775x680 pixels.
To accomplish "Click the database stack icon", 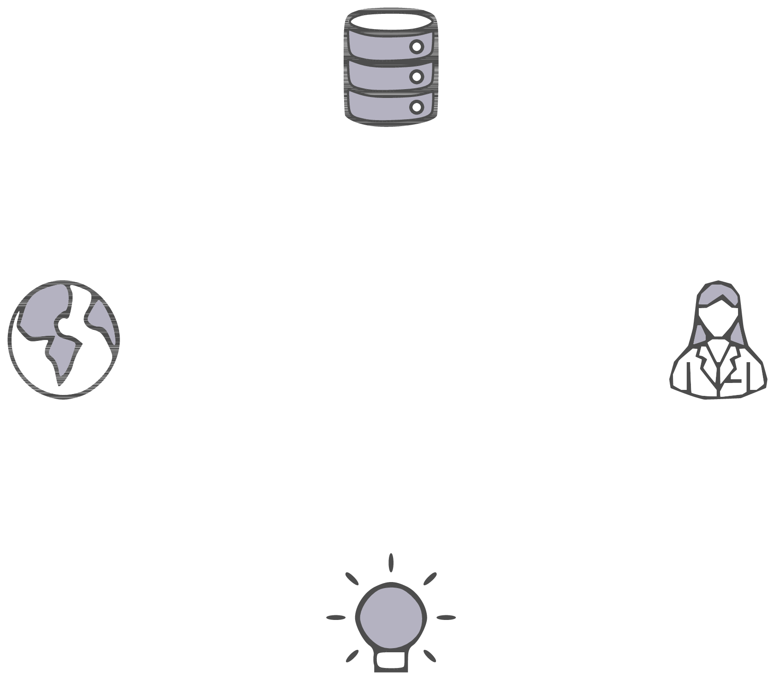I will click(x=391, y=69).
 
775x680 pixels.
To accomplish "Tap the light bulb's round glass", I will click(x=391, y=617).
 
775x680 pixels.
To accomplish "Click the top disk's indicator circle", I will click(x=417, y=47).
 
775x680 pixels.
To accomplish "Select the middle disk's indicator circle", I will click(x=417, y=76).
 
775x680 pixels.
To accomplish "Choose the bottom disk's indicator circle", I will click(x=417, y=107).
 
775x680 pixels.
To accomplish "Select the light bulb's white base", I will click(x=391, y=661).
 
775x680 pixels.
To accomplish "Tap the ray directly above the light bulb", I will click(x=391, y=562).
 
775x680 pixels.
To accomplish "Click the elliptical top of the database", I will click(x=391, y=21).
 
